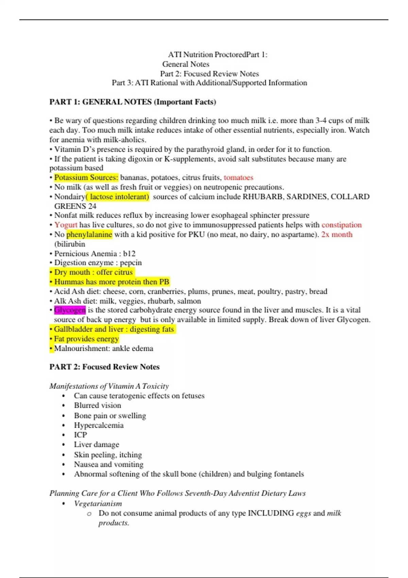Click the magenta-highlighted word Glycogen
(x=70, y=310)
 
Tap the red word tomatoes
(x=238, y=177)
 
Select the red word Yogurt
(x=66, y=225)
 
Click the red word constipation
(x=341, y=225)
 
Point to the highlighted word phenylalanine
(x=89, y=234)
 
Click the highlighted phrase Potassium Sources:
(x=86, y=177)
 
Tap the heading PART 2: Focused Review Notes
(x=104, y=367)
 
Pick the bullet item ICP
(x=81, y=435)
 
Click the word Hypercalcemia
(x=99, y=425)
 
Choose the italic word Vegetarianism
(x=98, y=504)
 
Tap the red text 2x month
(x=337, y=234)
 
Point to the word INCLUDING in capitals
(x=271, y=513)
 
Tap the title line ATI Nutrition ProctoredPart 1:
(x=218, y=54)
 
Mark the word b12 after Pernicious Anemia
(x=129, y=254)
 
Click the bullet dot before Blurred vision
(x=64, y=406)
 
